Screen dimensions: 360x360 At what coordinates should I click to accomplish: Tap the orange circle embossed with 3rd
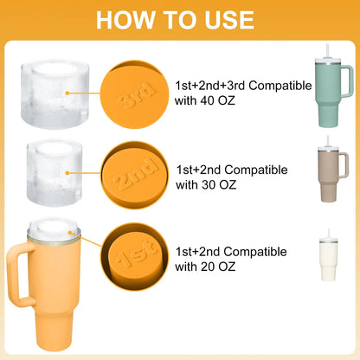pos(134,94)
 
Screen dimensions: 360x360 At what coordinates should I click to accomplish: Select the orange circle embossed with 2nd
pos(134,175)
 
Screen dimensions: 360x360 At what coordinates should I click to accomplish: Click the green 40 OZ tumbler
pos(331,93)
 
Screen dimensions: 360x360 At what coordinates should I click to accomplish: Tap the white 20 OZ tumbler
pos(328,260)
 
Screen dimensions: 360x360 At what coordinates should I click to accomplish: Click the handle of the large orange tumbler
pos(16,274)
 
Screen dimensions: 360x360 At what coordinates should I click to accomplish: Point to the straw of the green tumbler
pos(328,51)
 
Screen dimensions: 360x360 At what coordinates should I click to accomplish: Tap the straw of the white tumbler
pos(328,234)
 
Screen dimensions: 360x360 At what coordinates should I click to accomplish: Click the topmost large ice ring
pos(55,94)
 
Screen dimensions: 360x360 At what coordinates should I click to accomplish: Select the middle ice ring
pos(55,173)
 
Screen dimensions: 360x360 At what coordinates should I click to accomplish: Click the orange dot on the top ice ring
pos(67,93)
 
